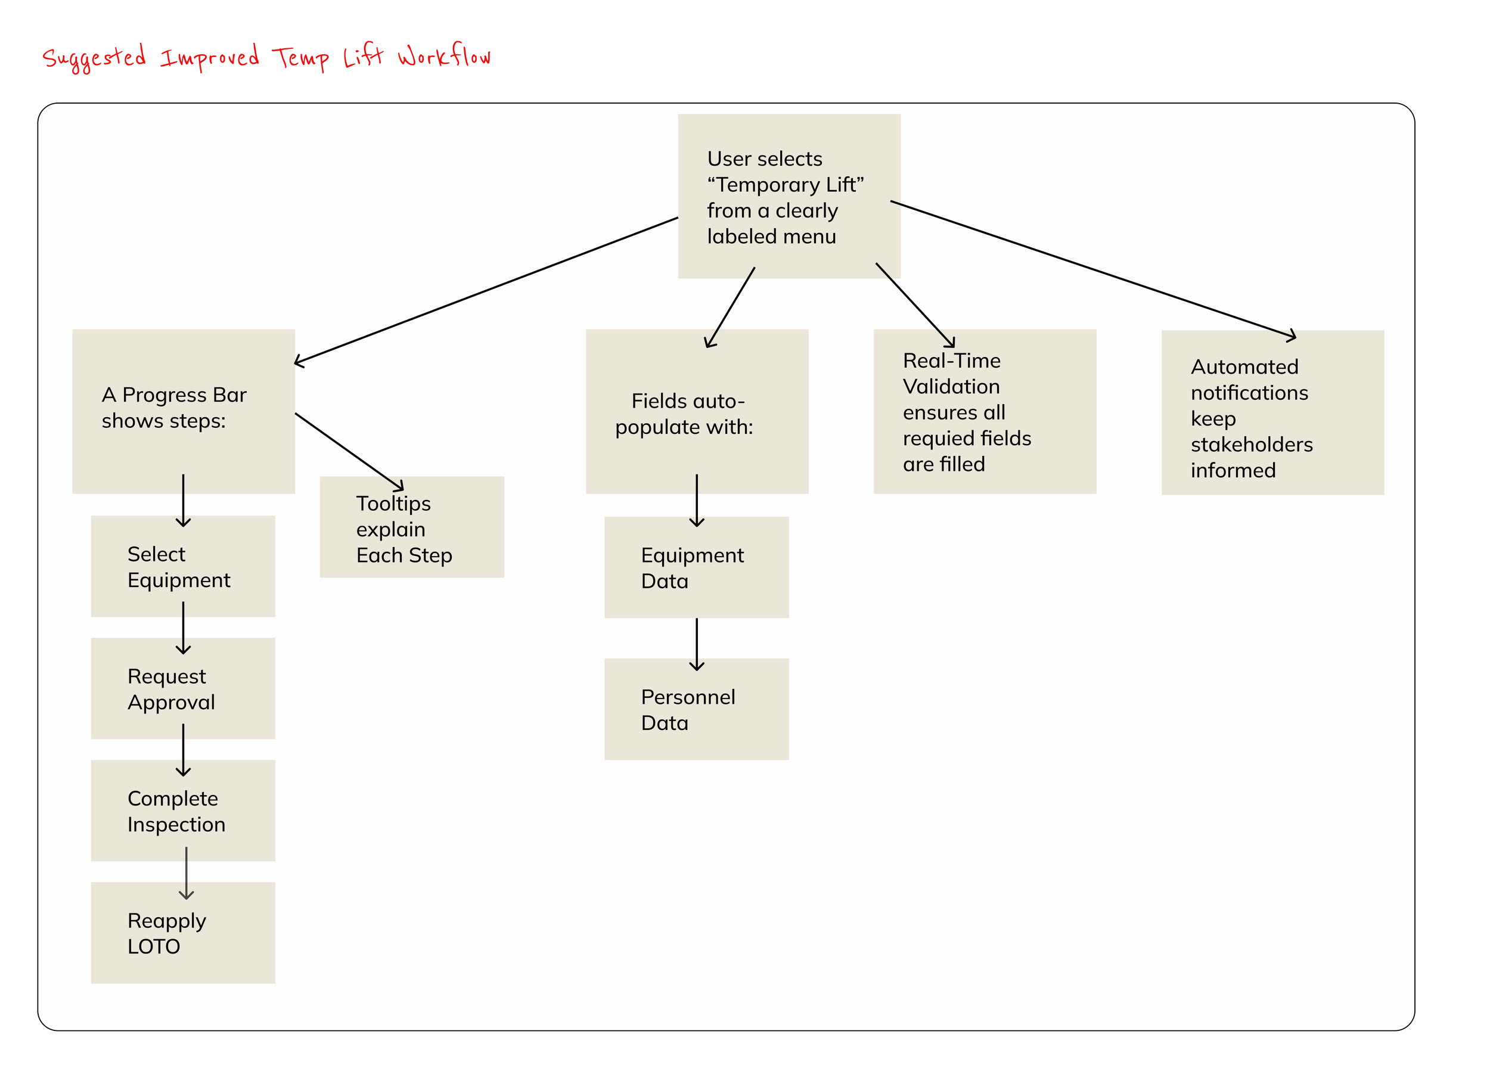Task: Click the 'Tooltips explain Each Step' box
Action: (x=412, y=527)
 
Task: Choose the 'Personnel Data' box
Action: (x=696, y=709)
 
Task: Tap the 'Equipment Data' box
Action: (x=696, y=567)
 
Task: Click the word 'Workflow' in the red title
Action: (x=444, y=56)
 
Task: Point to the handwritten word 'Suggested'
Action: (x=94, y=58)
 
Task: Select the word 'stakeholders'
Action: (x=1252, y=445)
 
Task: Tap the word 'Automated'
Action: (x=1244, y=366)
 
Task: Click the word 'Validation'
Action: (x=951, y=386)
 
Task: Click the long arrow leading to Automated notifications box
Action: (x=1091, y=269)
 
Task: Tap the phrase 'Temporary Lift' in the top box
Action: (x=786, y=185)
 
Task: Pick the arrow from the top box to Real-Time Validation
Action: (x=914, y=304)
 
